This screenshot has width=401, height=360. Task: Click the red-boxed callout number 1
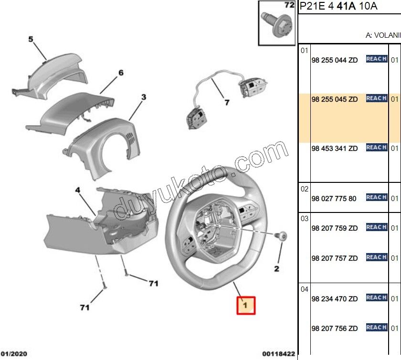[x=246, y=304]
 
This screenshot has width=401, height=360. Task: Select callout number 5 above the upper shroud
[x=31, y=40]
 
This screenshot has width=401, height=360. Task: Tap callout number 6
[x=121, y=73]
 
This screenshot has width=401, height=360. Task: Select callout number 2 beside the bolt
[x=276, y=269]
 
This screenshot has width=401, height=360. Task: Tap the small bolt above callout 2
[x=281, y=235]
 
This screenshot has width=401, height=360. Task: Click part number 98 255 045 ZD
[x=334, y=100]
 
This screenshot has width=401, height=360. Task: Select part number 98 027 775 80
[x=334, y=199]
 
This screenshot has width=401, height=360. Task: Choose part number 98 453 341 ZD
[x=334, y=149]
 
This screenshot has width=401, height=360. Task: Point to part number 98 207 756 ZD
[x=334, y=329]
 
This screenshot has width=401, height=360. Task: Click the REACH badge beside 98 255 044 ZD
[x=376, y=59]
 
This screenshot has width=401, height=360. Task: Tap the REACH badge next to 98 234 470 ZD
[x=376, y=297]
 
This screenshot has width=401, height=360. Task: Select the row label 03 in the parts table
[x=305, y=219]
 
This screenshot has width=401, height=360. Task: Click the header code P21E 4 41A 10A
[x=338, y=6]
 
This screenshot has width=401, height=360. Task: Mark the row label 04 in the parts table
[x=305, y=289]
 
